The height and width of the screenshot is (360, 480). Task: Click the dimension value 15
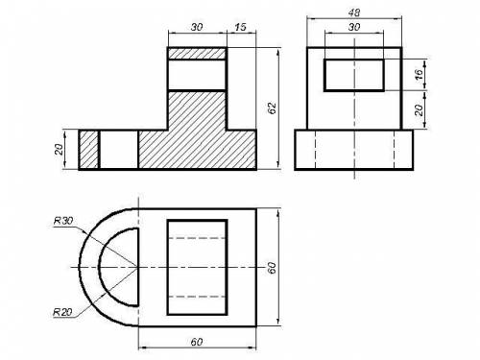240,27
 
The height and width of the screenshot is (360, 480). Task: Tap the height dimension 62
272,108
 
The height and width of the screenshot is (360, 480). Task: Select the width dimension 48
354,12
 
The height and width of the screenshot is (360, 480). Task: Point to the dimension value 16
419,74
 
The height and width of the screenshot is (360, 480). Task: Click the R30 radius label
63,221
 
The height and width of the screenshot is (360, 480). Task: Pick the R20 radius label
62,312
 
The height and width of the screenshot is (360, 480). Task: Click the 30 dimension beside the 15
197,27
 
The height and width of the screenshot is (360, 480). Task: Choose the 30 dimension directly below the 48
354,27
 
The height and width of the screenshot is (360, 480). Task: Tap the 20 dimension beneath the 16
419,109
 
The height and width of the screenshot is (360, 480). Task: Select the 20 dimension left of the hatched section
59,149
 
